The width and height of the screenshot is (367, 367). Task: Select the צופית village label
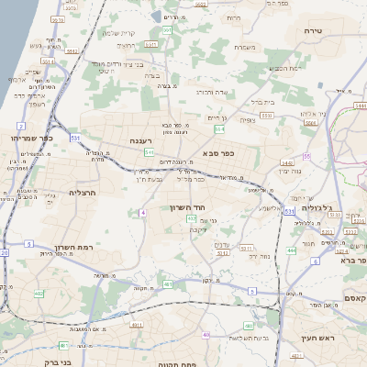247,120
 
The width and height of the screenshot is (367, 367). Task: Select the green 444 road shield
291,250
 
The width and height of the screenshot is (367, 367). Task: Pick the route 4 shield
143,212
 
